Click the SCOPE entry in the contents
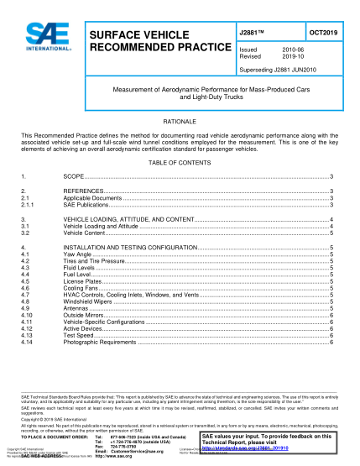[75, 178]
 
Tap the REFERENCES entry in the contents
[84, 191]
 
